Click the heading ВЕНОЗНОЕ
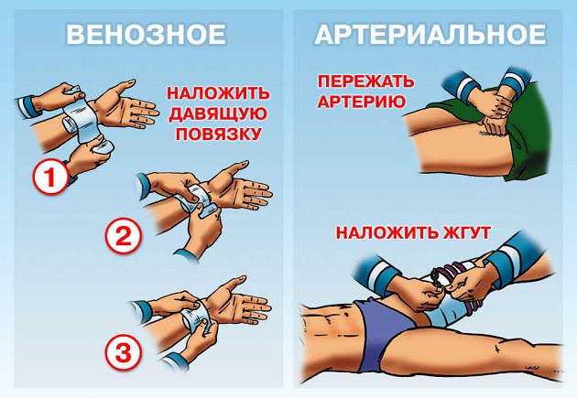tap(146, 35)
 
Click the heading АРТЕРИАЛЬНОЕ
tap(430, 35)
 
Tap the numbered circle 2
tap(124, 236)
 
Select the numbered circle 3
tap(124, 350)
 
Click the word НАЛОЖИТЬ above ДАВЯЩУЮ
tap(217, 93)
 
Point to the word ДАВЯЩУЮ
tap(217, 113)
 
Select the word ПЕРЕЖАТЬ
tap(365, 81)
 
